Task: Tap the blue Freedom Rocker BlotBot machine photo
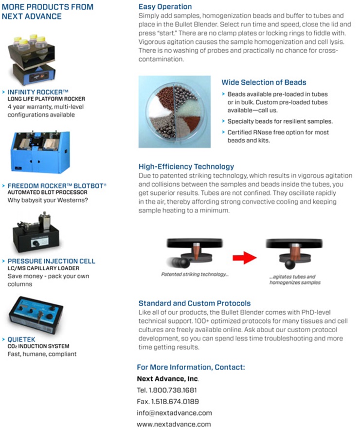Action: coord(40,152)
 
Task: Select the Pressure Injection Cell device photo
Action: coord(36,233)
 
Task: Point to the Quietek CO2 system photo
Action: coord(36,315)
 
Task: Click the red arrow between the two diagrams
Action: coord(244,258)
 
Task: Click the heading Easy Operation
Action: coord(165,7)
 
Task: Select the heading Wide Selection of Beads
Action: coord(264,82)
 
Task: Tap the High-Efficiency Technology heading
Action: coord(186,167)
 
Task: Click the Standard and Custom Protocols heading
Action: coord(195,303)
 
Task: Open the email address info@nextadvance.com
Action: coord(175,413)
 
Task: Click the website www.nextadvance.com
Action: coord(174,424)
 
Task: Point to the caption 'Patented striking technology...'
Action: coord(195,274)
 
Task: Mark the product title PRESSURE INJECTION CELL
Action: coord(52,261)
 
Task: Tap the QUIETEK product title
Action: coord(21,339)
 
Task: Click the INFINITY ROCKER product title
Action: coord(38,92)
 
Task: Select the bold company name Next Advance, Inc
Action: coord(168,379)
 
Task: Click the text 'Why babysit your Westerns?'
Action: coord(48,200)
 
